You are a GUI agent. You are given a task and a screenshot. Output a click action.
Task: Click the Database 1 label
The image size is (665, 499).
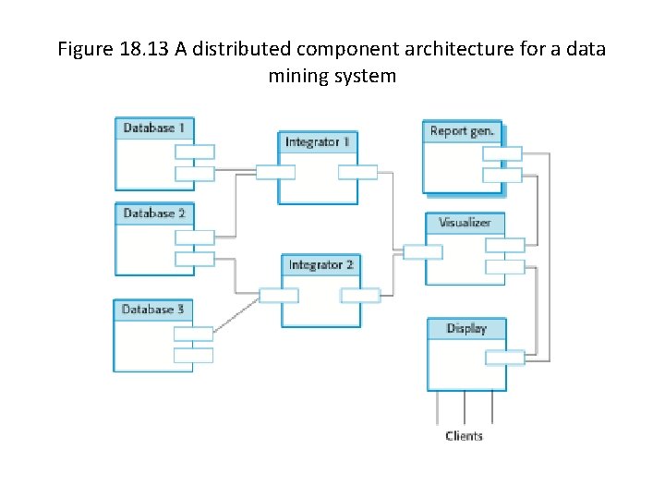click(154, 128)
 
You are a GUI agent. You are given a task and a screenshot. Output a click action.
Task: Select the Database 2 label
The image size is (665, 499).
click(154, 213)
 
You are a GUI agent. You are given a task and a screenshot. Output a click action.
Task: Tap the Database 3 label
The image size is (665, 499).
click(153, 310)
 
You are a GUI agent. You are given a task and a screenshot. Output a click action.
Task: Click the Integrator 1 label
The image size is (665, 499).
click(318, 142)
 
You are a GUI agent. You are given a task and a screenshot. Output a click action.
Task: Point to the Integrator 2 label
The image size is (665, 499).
click(320, 265)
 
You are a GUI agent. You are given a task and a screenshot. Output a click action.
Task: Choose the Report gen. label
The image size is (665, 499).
click(462, 131)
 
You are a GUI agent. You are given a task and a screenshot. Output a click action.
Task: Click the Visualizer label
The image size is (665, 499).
click(465, 223)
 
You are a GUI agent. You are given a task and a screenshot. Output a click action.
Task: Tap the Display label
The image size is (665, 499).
click(466, 328)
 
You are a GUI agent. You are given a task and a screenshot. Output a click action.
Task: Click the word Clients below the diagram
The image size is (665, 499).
click(464, 436)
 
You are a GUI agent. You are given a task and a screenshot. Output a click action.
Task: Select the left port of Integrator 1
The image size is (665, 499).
click(275, 172)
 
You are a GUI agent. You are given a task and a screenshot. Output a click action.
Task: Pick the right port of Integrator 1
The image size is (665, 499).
click(357, 172)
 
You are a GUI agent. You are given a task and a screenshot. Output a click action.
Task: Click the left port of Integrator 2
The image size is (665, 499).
click(279, 296)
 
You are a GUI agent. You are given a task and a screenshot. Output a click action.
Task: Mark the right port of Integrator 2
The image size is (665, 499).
click(360, 296)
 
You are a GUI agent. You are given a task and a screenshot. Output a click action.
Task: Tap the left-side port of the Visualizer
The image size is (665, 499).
click(422, 251)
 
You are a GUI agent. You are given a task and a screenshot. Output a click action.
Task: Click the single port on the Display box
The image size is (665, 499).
click(505, 358)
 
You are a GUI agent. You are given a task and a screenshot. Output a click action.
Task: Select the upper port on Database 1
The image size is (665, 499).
click(195, 152)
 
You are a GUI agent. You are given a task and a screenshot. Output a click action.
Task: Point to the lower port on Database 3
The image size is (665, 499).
click(193, 355)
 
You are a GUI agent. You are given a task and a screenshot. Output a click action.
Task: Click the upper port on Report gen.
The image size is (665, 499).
click(502, 153)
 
